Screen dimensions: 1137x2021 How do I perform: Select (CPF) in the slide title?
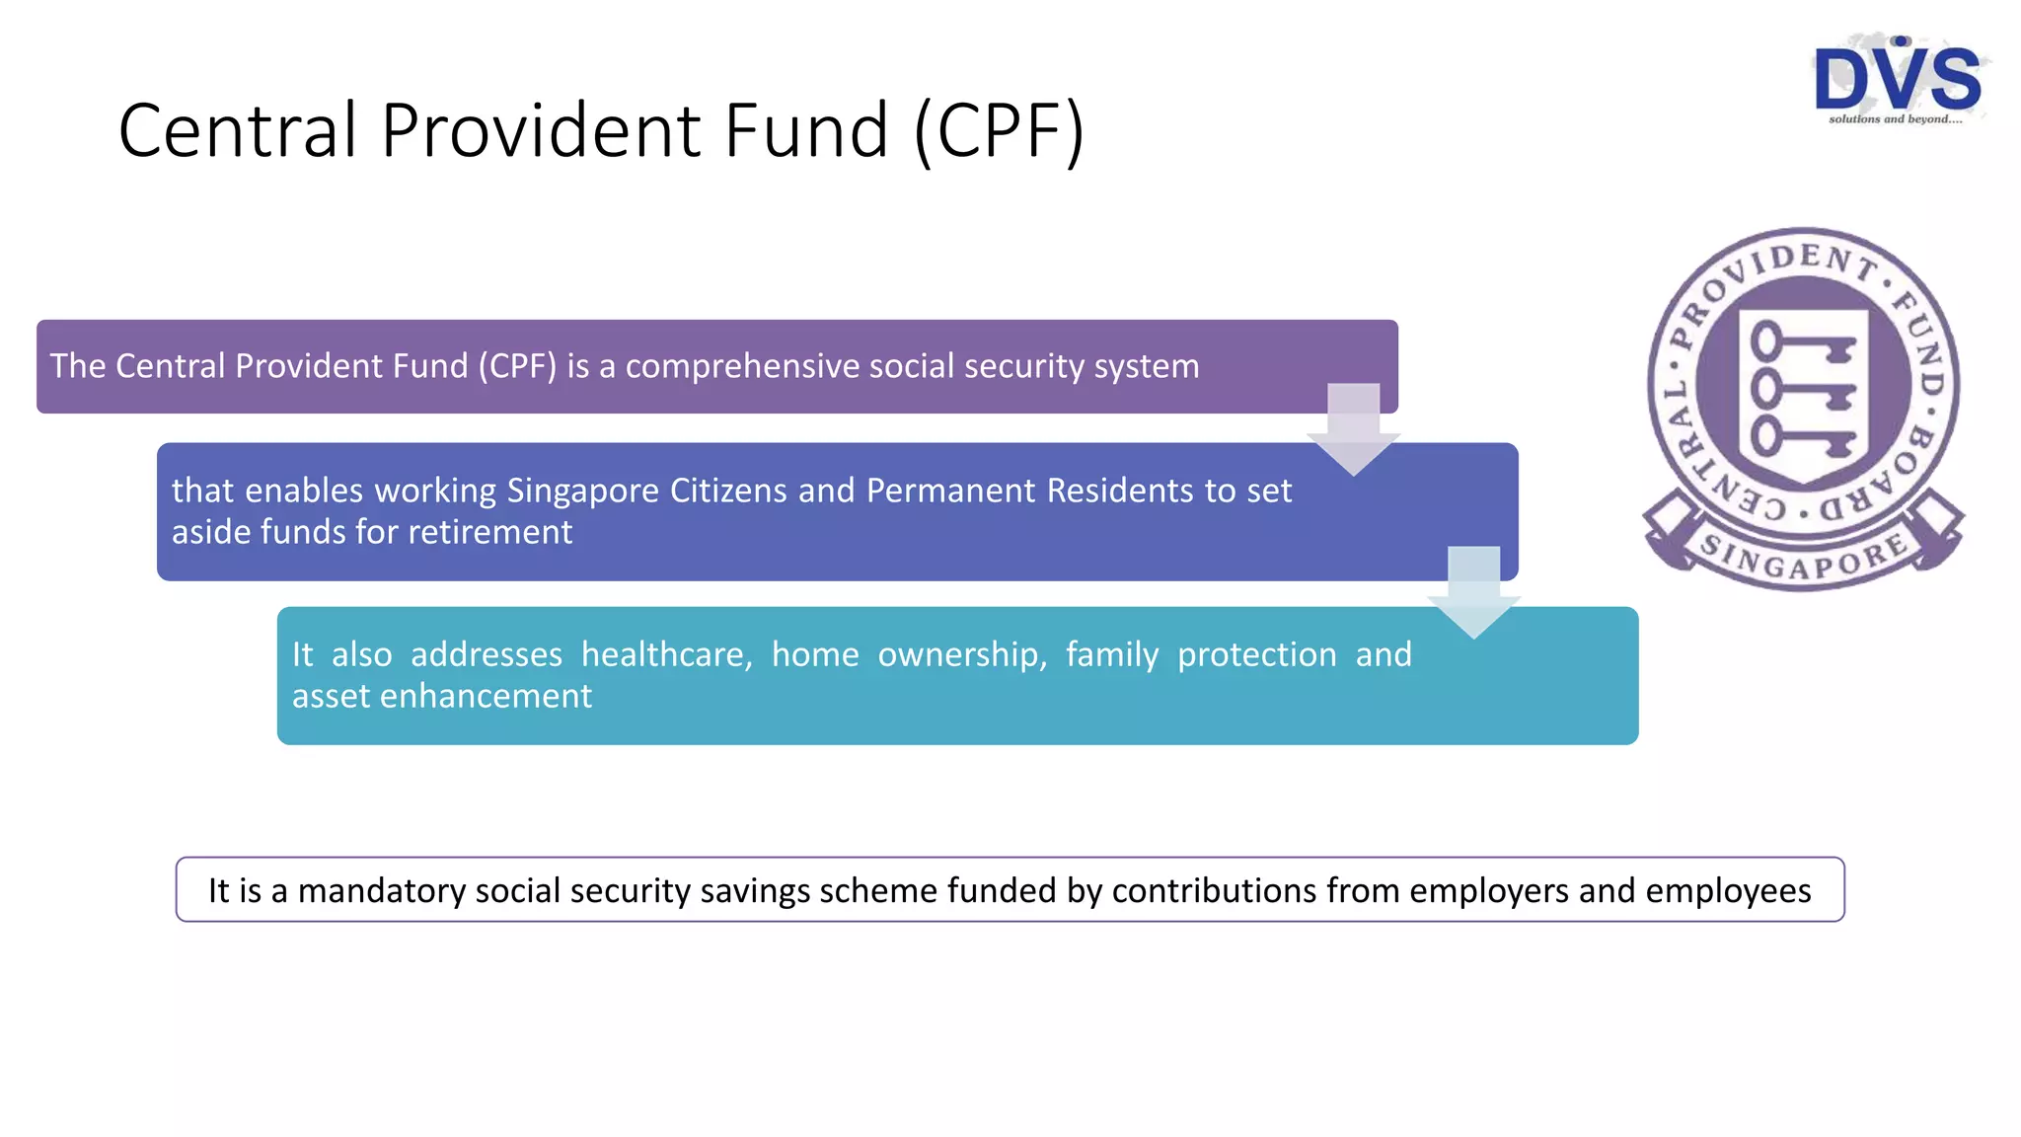coord(999,130)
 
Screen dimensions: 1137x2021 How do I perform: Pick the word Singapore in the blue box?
coord(583,491)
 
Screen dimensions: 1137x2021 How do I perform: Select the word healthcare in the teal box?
coord(666,654)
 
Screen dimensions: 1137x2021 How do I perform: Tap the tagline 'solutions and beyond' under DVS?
coord(1895,119)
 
